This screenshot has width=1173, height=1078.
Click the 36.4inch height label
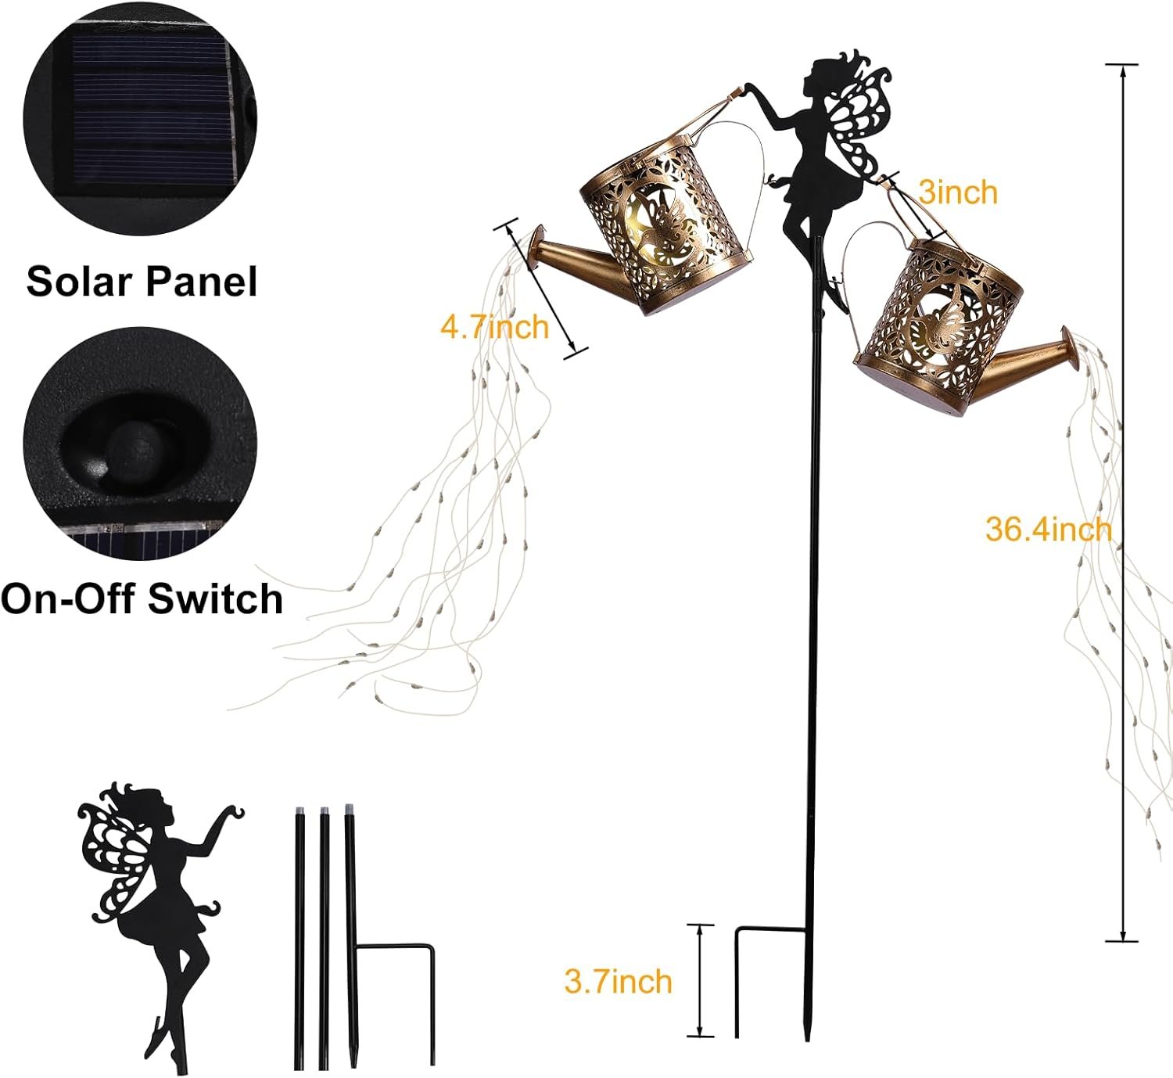coord(1048,530)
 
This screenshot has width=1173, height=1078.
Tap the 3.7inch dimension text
coord(618,981)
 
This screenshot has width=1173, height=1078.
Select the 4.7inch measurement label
coord(494,326)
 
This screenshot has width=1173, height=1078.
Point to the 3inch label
coord(958,192)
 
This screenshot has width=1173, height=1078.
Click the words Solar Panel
coord(142,282)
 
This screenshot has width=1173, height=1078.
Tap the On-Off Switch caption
coord(142,598)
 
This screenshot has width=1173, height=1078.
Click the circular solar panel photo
coord(140,119)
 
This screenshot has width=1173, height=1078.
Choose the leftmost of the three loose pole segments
coord(300,937)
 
